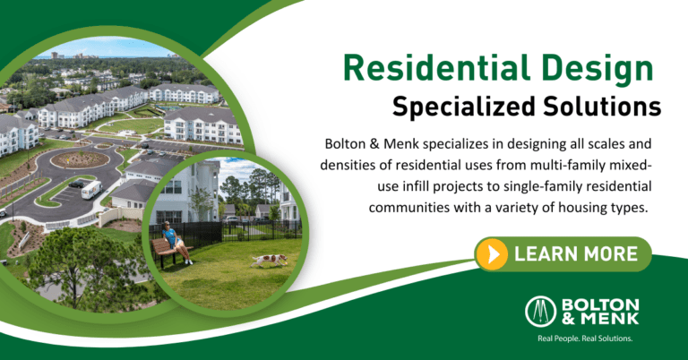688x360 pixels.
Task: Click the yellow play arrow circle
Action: [x=493, y=254]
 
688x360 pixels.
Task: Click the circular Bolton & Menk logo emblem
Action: [x=540, y=312]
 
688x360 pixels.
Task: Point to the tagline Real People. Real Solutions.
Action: [x=585, y=339]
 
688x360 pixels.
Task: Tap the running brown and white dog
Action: [x=269, y=260]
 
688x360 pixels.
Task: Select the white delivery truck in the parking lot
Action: [x=91, y=190]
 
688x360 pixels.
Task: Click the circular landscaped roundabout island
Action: [x=80, y=159]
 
